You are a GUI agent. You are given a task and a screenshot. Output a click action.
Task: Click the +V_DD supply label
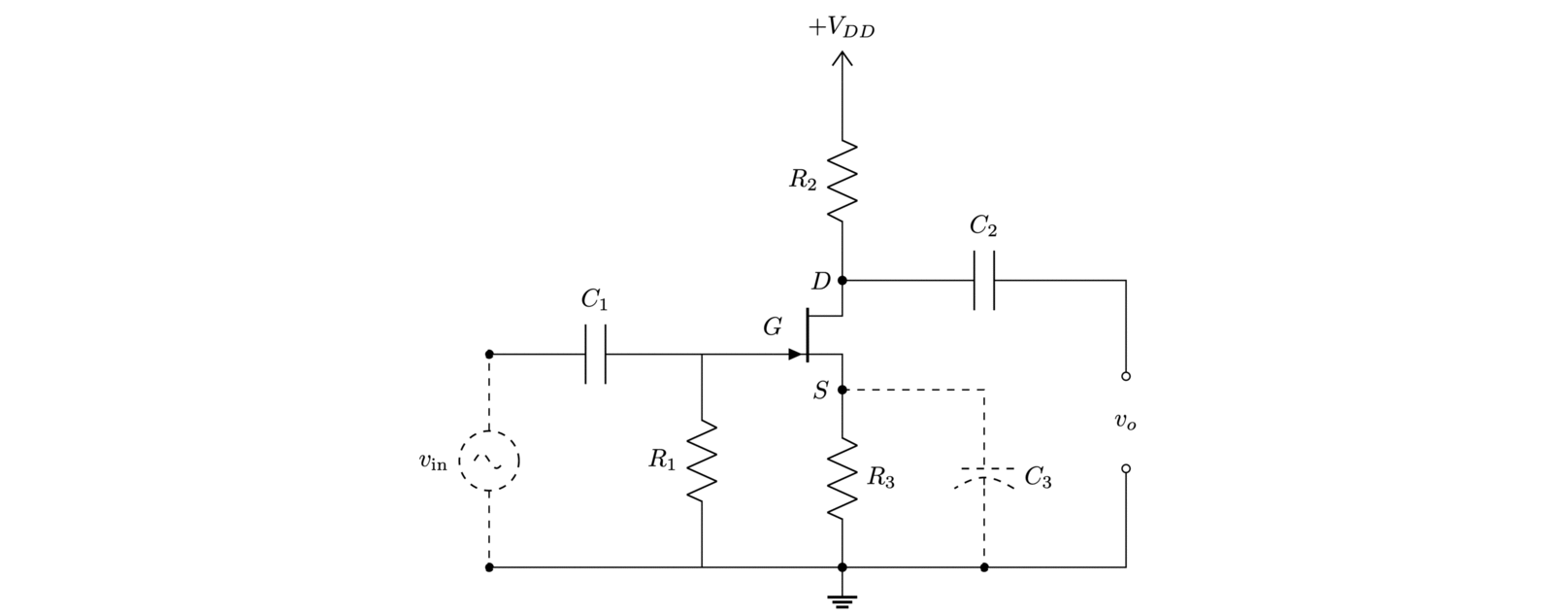842,28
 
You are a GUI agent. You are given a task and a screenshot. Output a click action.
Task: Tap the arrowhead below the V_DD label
842,61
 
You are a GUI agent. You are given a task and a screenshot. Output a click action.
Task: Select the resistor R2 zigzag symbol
842,179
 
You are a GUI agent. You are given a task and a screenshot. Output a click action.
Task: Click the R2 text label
802,180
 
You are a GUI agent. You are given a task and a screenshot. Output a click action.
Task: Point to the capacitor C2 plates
984,281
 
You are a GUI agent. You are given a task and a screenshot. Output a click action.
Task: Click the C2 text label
983,227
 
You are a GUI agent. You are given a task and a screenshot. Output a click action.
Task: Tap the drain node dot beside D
842,281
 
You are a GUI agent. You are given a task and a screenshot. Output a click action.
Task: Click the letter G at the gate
773,327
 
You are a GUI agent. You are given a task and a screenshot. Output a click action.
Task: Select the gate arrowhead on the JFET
797,355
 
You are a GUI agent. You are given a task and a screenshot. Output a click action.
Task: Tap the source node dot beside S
842,390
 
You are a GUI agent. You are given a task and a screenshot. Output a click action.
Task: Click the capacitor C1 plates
596,355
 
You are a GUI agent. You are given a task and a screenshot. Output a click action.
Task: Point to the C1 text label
595,301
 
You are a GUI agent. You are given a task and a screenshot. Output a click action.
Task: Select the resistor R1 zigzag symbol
702,462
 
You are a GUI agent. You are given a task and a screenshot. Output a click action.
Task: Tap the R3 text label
881,477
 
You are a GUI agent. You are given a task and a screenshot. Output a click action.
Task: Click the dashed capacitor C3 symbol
984,476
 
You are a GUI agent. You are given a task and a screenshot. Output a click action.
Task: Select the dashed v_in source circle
488,461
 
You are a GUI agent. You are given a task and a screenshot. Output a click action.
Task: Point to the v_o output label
1125,422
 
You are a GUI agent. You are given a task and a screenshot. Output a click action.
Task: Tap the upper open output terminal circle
1126,375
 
